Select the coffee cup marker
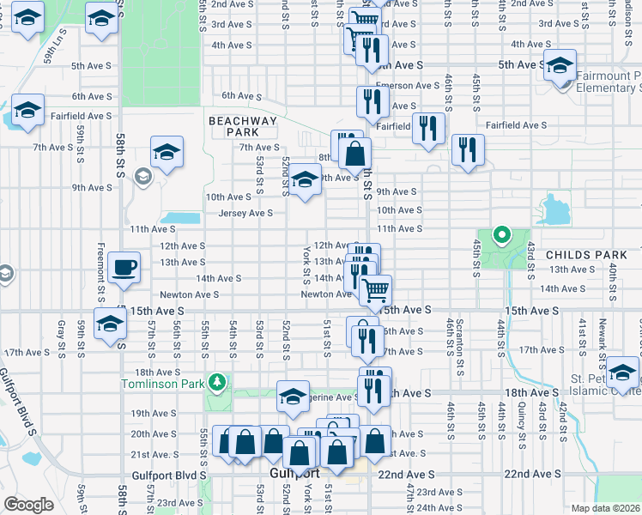tap(124, 267)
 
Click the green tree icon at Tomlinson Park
tap(219, 380)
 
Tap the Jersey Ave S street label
tap(246, 213)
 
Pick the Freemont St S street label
tap(101, 280)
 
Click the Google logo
tap(27, 505)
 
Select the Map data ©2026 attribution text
tap(605, 508)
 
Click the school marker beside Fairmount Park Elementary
tap(560, 66)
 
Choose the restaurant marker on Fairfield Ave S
tap(427, 129)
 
